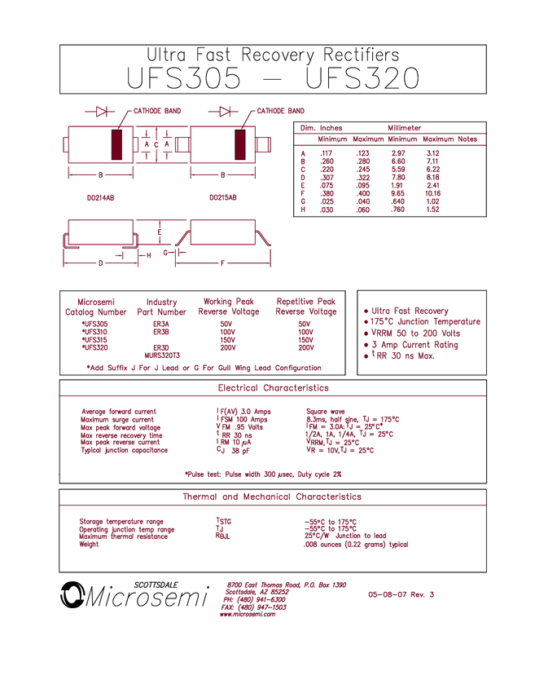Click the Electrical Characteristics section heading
[273, 387]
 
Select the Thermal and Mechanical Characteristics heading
[272, 496]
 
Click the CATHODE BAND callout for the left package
[157, 109]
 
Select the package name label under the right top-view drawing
[224, 196]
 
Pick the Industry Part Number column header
[162, 307]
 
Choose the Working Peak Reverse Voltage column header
[230, 307]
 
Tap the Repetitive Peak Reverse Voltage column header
[306, 307]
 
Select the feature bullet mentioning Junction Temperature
[422, 322]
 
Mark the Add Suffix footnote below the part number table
[204, 369]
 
